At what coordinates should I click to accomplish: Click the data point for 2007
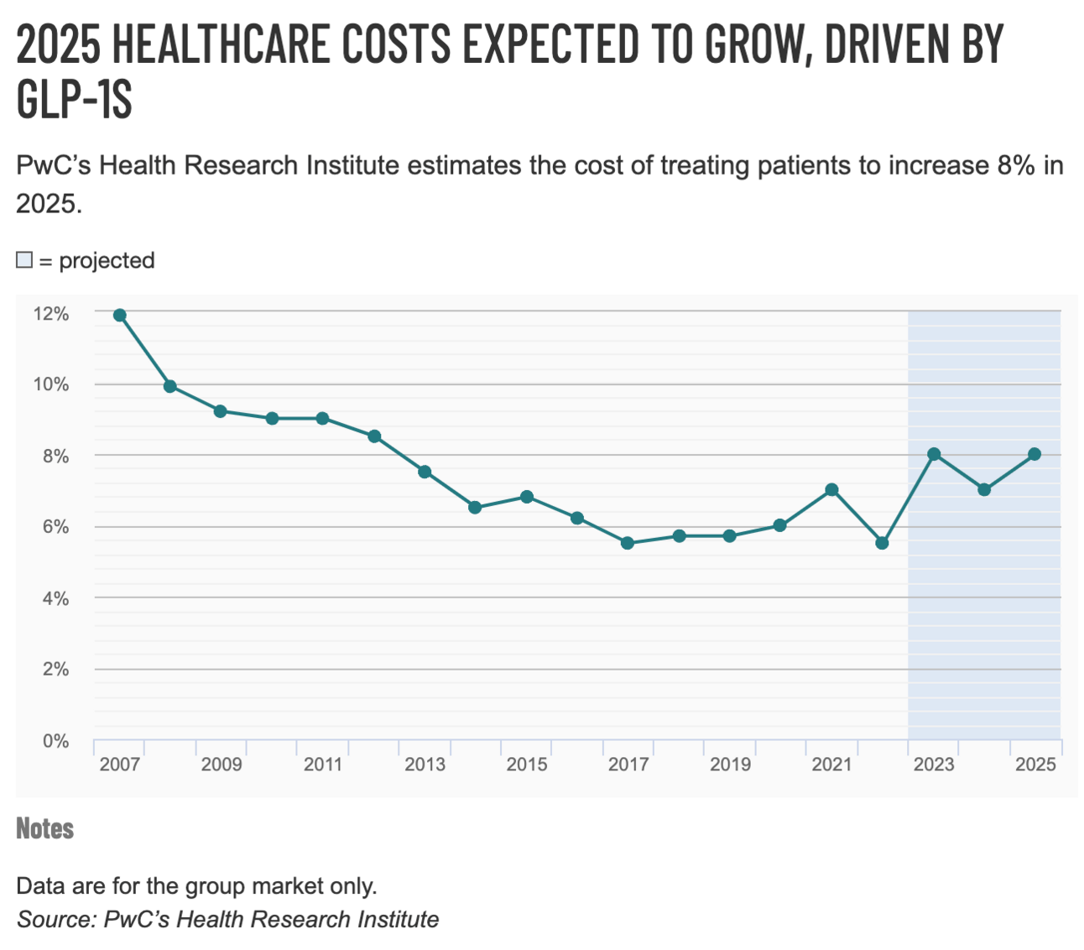pos(119,316)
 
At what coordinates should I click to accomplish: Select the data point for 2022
pos(882,543)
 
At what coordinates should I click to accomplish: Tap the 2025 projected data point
pos(1034,454)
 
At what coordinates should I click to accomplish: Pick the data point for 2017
pos(628,543)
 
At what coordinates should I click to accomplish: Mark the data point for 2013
pos(425,472)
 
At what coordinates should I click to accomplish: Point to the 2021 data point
pos(831,489)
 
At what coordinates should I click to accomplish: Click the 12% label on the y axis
pos(51,314)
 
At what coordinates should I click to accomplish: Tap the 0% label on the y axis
pos(55,741)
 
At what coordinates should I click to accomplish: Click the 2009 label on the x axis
pos(221,765)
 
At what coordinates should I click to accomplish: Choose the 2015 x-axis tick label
pos(527,765)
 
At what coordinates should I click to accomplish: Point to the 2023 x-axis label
pos(934,765)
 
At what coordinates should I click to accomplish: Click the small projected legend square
pos(24,260)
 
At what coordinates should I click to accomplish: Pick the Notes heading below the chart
pos(45,828)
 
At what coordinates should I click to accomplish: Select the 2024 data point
pos(984,489)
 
